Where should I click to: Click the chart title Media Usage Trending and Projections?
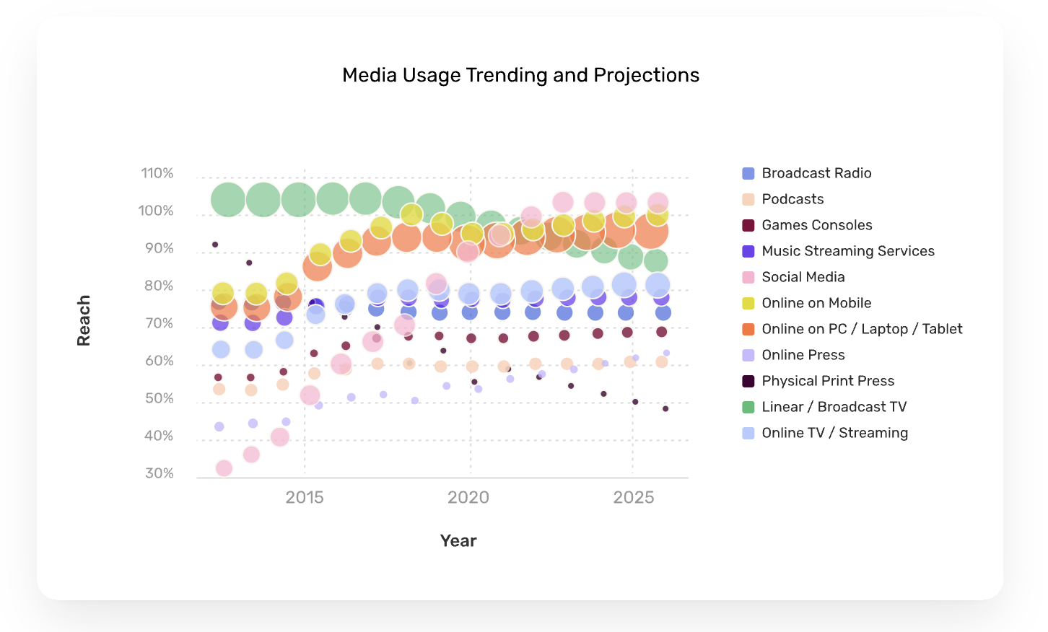coord(520,75)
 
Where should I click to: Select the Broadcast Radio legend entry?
coord(816,173)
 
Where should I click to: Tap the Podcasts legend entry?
coord(792,199)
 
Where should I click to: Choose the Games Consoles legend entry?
coord(816,225)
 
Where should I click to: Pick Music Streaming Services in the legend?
coord(847,251)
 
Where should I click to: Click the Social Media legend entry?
coord(803,277)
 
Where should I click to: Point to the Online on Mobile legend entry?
coord(816,303)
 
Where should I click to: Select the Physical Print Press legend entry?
coord(828,381)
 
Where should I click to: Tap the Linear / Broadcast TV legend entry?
coord(834,407)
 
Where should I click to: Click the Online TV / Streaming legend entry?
coord(834,433)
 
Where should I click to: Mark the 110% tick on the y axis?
coord(157,173)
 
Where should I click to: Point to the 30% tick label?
coord(160,473)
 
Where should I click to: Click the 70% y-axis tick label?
coord(160,323)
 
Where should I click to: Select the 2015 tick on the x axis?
coord(305,497)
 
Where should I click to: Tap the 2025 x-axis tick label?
coord(633,497)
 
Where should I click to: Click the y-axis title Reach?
coord(84,320)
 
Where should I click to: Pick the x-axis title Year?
coord(458,541)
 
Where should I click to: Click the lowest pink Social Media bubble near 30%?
coord(224,468)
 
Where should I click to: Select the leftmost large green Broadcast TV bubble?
coord(228,199)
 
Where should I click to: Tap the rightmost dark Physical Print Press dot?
coord(665,409)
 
